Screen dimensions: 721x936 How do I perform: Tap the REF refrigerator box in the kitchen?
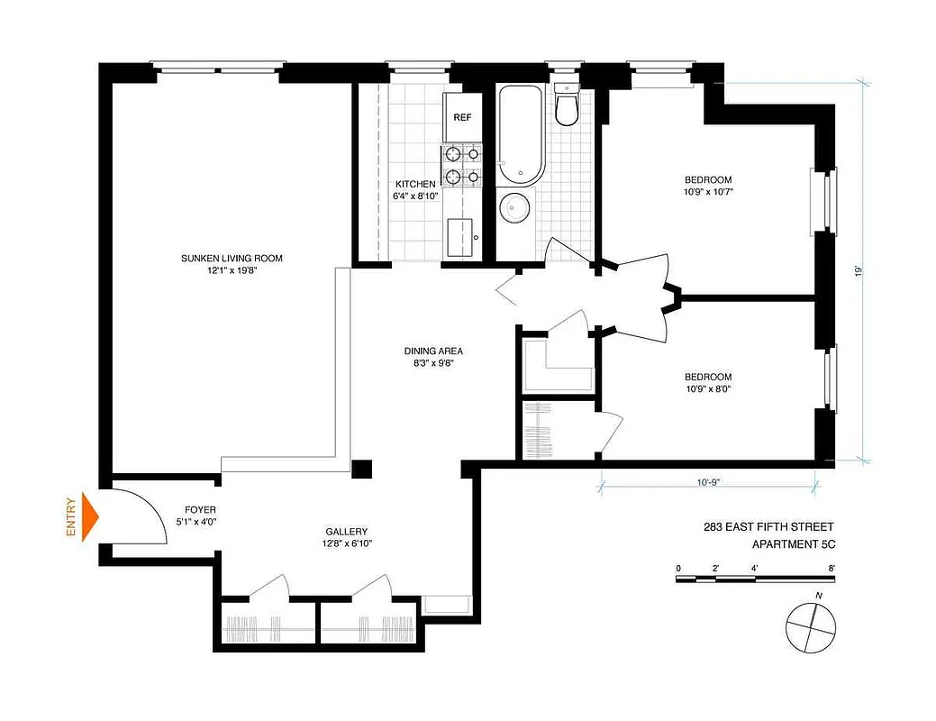[462, 118]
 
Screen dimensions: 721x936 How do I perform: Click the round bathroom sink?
[514, 208]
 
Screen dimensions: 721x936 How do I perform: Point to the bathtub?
[521, 134]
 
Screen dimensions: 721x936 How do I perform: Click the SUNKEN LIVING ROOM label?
[232, 259]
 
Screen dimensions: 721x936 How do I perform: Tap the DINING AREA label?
[432, 351]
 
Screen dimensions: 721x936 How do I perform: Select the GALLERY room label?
[346, 532]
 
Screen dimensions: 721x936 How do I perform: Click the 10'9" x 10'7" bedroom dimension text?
[707, 191]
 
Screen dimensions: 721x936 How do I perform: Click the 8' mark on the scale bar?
[832, 568]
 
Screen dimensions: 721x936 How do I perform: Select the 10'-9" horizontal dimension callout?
[707, 482]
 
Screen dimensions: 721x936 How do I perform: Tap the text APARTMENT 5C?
[795, 543]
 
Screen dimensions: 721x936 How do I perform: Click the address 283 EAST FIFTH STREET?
[769, 526]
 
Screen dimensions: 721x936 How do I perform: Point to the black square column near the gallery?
[361, 470]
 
